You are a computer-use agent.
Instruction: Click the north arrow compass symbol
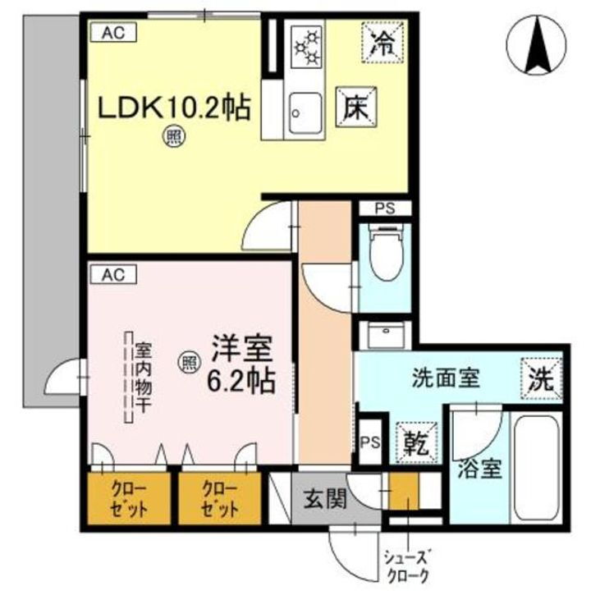[x=539, y=45]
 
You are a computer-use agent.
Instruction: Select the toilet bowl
[x=384, y=251]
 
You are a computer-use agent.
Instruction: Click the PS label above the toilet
[x=384, y=208]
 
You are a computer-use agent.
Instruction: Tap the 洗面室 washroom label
[x=445, y=379]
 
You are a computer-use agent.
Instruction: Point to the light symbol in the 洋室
[x=187, y=359]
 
